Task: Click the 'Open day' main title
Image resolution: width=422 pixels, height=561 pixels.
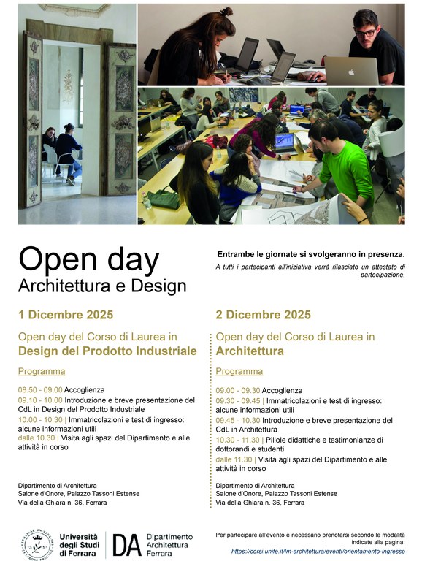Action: click(x=88, y=259)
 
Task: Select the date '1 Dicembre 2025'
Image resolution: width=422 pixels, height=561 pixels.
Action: click(x=66, y=315)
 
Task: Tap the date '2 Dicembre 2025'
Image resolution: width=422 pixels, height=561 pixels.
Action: click(x=263, y=315)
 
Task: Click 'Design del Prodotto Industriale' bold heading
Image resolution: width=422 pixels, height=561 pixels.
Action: click(x=107, y=351)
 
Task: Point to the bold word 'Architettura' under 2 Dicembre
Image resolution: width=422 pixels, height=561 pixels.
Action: click(x=248, y=351)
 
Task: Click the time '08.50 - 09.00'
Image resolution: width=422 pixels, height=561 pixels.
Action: click(x=40, y=390)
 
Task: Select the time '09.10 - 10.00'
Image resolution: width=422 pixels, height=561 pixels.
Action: click(x=40, y=400)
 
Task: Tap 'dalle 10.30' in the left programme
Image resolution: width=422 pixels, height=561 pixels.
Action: click(x=37, y=438)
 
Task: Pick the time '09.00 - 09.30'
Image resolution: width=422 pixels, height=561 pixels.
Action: click(x=237, y=390)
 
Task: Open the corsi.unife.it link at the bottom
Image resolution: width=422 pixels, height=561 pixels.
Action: click(x=318, y=551)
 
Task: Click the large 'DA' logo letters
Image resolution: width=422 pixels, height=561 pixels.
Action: click(x=126, y=544)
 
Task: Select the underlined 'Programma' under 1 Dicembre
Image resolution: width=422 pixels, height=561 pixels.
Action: click(x=36, y=371)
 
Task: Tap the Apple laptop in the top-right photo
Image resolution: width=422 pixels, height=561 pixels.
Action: click(x=352, y=71)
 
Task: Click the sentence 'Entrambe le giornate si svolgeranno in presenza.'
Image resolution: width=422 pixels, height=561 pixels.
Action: click(x=310, y=254)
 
